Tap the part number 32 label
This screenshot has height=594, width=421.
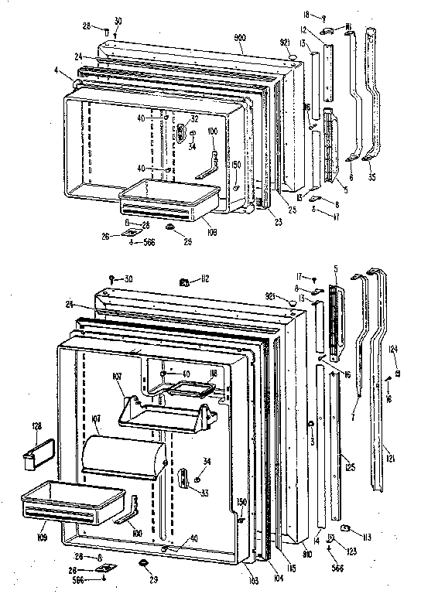pos(194,119)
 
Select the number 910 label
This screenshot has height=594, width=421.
pos(308,555)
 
